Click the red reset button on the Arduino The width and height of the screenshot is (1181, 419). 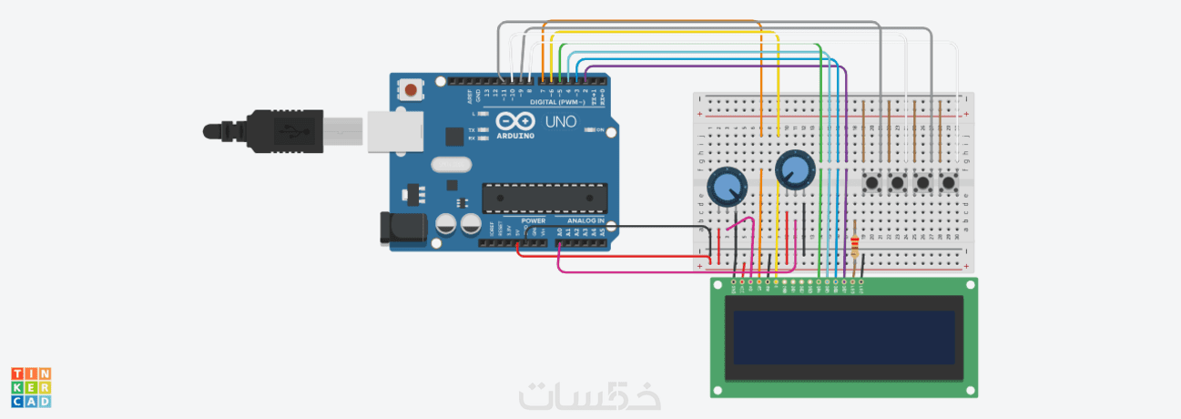pos(412,90)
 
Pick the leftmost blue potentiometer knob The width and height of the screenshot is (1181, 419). pos(727,188)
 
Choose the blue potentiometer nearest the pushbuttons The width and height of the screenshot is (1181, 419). pos(794,169)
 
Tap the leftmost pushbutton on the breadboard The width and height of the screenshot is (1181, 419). pos(872,182)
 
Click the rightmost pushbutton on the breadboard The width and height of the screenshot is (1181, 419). pos(949,182)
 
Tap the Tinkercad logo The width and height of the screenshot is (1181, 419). pos(31,387)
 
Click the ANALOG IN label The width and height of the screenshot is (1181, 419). pos(585,220)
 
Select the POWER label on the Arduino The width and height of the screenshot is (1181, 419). pos(533,220)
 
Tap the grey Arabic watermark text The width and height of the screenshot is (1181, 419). pos(589,395)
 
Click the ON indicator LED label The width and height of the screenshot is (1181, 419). pos(599,129)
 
